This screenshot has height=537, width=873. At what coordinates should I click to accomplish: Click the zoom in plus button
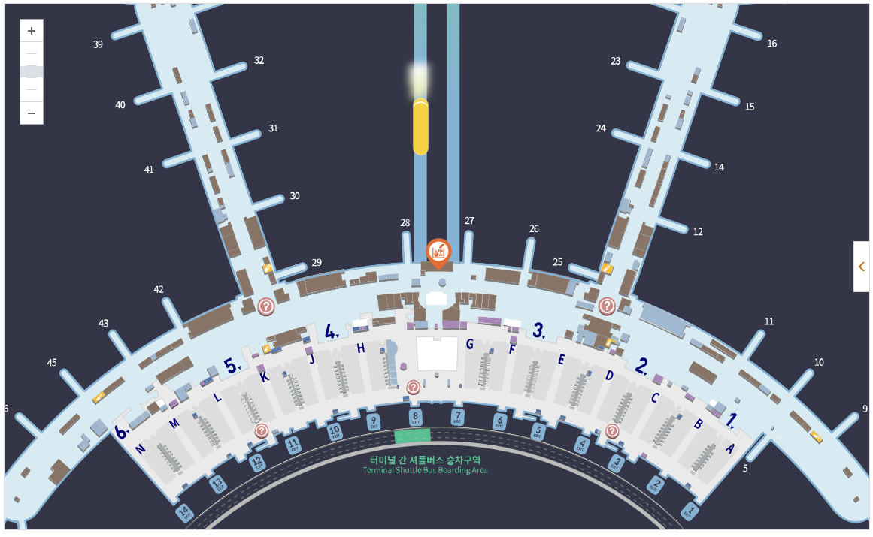[x=32, y=31]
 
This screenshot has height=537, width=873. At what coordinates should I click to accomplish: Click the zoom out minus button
[x=32, y=113]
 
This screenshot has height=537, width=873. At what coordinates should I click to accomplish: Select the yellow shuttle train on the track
[x=420, y=128]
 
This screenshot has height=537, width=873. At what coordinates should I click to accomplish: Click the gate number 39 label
[x=98, y=44]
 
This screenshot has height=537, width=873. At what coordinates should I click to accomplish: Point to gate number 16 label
[x=772, y=44]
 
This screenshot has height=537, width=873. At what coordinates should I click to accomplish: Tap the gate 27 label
[x=469, y=221]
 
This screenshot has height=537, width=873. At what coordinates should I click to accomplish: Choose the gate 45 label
[x=52, y=363]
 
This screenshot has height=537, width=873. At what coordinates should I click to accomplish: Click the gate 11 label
[x=768, y=321]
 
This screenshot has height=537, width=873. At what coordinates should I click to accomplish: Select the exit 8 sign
[x=415, y=417]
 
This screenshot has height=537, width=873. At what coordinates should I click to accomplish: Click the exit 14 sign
[x=184, y=514]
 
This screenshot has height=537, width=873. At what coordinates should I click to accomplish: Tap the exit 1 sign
[x=690, y=512]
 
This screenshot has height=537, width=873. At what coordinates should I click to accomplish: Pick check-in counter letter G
[x=469, y=344]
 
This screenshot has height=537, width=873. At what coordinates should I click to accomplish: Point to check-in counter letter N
[x=140, y=449]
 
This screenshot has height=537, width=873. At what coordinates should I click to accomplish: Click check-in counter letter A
[x=729, y=448]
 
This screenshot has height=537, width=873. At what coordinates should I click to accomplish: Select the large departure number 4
[x=330, y=331]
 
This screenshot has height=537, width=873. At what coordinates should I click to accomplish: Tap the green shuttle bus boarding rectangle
[x=413, y=436]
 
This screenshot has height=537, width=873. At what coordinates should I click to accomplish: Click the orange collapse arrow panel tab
[x=862, y=266]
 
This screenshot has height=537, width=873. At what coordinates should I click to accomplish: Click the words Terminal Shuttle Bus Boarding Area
[x=425, y=470]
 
